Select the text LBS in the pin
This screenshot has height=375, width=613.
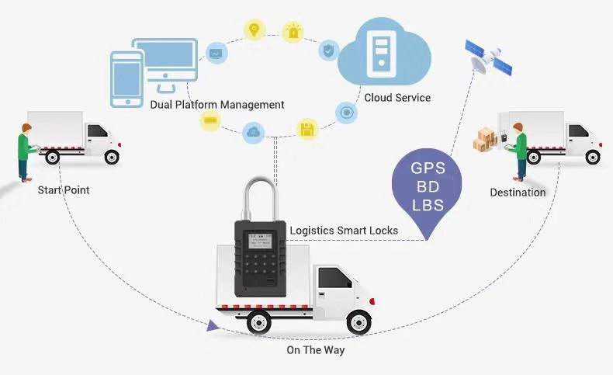click(x=427, y=206)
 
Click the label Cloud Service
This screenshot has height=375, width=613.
click(x=397, y=98)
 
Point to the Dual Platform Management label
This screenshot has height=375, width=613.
click(x=218, y=104)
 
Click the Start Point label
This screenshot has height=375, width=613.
click(x=64, y=189)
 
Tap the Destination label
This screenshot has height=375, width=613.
click(x=518, y=192)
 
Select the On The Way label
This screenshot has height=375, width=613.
click(x=315, y=350)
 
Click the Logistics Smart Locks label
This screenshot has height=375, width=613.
click(x=344, y=230)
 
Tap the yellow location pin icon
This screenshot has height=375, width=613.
click(x=254, y=30)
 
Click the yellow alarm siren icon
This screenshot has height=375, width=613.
click(x=293, y=32)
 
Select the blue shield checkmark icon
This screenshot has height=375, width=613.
click(x=329, y=51)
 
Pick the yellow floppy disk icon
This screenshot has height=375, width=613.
click(x=307, y=129)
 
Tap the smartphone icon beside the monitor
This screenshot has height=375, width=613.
click(x=126, y=78)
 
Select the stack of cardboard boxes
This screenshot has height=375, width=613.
click(x=486, y=137)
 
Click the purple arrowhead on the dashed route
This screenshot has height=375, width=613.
click(x=213, y=326)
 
